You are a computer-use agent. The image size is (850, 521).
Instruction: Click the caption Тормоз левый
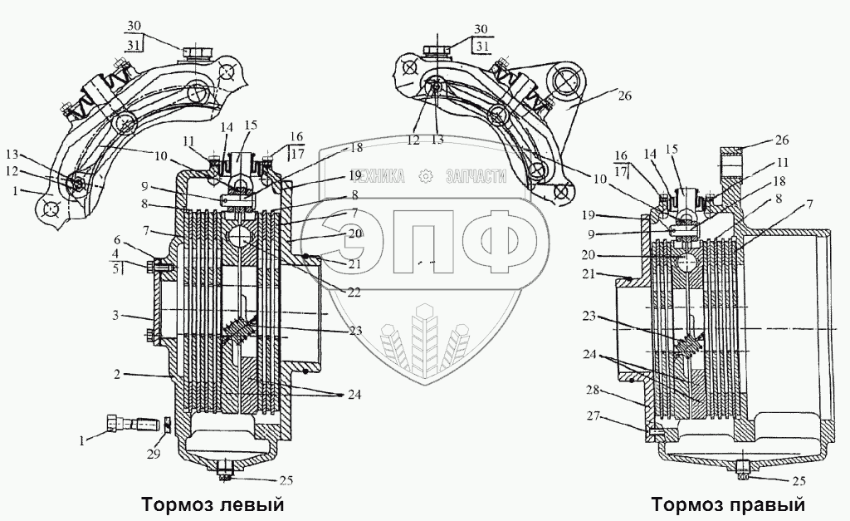tap(213, 504)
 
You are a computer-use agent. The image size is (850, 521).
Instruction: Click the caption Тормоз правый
tap(728, 504)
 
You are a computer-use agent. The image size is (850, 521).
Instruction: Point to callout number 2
tap(120, 375)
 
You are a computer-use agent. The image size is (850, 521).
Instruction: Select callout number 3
tap(117, 317)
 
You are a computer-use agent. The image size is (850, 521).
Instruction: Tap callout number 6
tap(117, 238)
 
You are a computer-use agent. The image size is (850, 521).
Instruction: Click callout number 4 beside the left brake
tap(117, 253)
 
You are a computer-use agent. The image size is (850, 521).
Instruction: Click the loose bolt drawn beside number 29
tap(132, 425)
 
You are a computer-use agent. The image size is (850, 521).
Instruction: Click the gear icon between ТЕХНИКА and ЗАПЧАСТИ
tap(427, 175)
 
